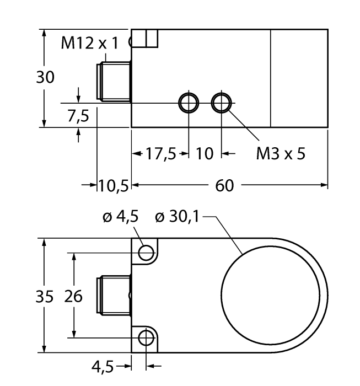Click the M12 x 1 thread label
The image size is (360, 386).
[x=89, y=44]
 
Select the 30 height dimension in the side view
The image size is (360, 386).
[x=46, y=77]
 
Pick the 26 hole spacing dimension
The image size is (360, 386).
[x=73, y=296]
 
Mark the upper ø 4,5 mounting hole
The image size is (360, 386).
[x=146, y=253]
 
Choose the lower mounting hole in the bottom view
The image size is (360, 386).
[x=146, y=337]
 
